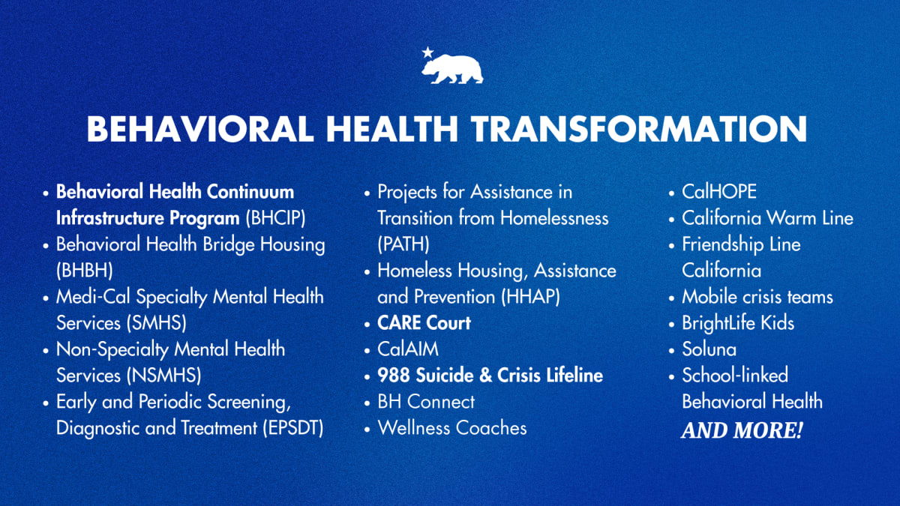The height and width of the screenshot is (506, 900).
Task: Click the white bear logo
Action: pos(453,69)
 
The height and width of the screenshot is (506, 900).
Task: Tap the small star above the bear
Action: pos(427,52)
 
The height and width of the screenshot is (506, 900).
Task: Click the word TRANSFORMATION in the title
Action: pos(639,129)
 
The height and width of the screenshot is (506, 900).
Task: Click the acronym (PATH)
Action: pos(403,244)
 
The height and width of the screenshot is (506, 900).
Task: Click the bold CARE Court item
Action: pos(424,323)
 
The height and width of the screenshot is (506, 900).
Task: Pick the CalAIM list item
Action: pos(408,349)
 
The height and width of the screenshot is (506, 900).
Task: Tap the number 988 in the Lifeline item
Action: pos(393,375)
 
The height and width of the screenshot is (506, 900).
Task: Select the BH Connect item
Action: pos(426,402)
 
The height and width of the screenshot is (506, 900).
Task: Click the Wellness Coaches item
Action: pos(451,428)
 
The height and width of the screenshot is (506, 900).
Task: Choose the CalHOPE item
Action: pos(718,192)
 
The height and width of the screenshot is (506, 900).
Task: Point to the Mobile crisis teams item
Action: pos(757,296)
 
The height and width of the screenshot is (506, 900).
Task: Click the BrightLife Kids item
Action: pos(737,323)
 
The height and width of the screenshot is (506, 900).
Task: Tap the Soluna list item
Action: pos(709,349)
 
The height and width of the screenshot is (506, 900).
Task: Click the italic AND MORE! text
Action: pos(741,432)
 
